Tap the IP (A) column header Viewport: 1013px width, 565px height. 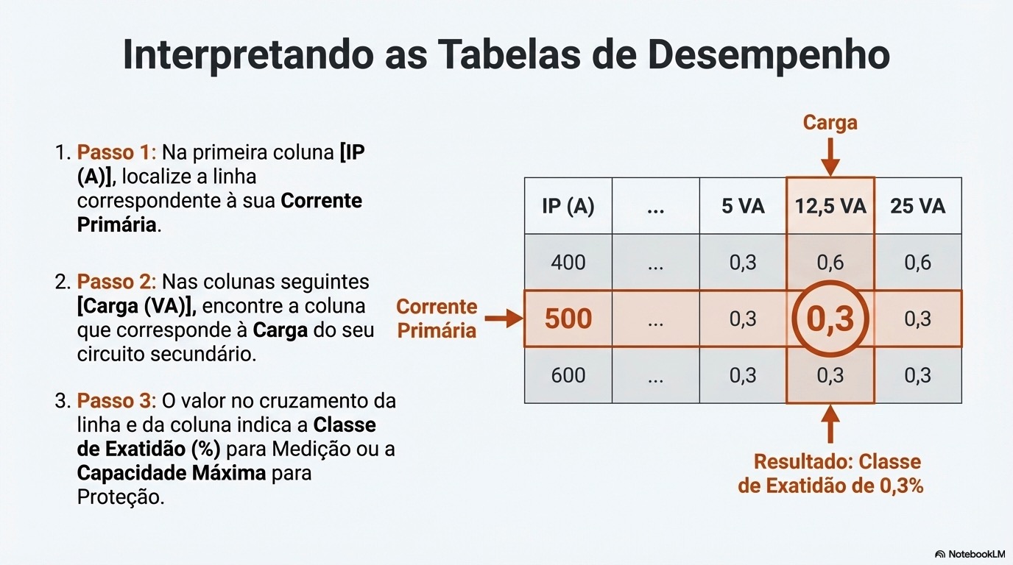568,206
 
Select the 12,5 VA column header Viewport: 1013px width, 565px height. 830,206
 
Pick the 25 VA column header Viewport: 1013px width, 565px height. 917,206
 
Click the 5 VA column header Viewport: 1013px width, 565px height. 743,206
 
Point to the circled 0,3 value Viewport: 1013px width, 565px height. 830,319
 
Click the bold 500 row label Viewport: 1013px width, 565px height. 568,319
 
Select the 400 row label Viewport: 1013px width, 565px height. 568,263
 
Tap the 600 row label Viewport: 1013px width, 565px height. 568,376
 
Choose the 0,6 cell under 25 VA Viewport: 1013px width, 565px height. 917,263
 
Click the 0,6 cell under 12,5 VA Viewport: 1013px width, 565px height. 830,263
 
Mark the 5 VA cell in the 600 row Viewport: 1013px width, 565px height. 743,376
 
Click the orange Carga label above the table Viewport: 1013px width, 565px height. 830,122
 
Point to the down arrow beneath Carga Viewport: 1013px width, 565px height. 830,156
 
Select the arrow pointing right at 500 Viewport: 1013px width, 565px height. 504,319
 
